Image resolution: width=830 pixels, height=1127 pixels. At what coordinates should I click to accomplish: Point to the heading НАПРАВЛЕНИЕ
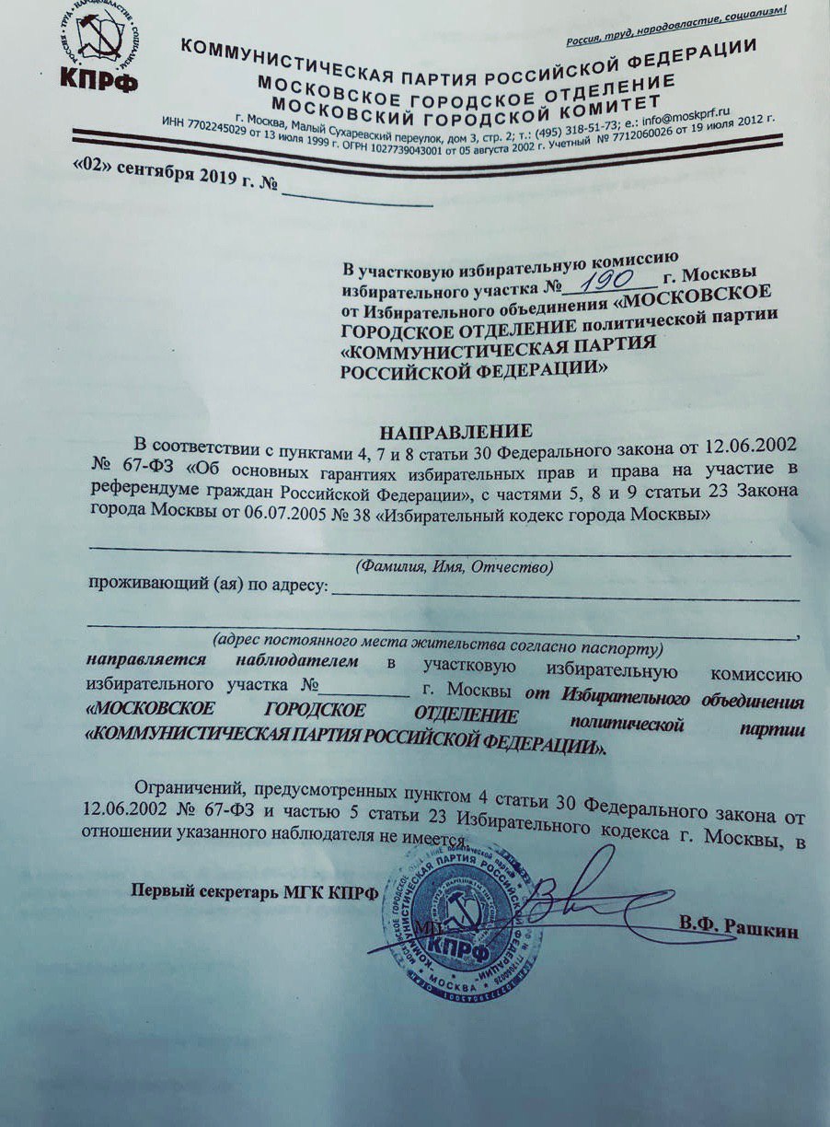(457, 431)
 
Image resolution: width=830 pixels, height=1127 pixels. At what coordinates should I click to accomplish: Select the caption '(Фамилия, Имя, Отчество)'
(455, 568)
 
